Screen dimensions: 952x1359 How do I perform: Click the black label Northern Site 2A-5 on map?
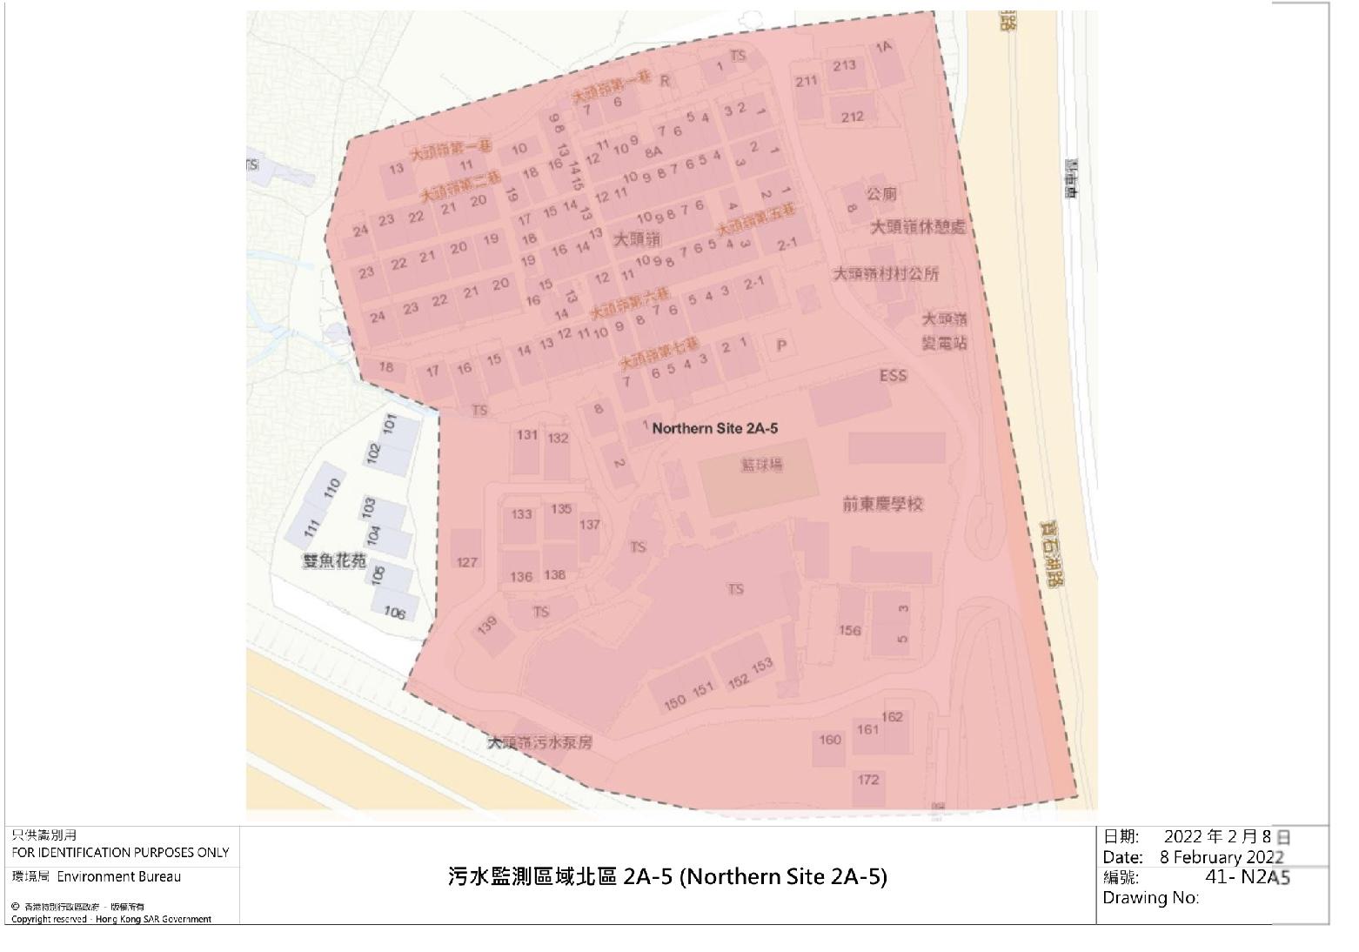[714, 428]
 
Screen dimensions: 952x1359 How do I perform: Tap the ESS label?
[893, 376]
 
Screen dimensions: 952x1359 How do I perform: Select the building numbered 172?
[868, 780]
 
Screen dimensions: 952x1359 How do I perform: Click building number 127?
[467, 562]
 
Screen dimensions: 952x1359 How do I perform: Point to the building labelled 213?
[844, 65]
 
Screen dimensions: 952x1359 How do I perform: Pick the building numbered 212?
[853, 117]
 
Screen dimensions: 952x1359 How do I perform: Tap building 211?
[807, 82]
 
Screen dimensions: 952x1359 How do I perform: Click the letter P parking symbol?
[781, 345]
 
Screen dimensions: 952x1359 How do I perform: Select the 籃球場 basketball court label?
[761, 466]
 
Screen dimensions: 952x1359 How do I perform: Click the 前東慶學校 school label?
[882, 504]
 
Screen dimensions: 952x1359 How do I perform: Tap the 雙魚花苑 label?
[335, 561]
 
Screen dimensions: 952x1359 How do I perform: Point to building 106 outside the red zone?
[395, 613]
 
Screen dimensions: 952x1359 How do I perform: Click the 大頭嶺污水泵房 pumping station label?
[539, 743]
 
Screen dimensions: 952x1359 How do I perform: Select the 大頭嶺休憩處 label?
[918, 228]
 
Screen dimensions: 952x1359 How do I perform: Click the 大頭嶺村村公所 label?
[886, 274]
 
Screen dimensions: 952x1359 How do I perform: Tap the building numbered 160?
[830, 740]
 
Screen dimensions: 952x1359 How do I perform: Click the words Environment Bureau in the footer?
[119, 876]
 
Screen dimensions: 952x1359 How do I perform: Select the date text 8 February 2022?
[1222, 857]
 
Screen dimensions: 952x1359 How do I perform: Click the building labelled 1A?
[885, 47]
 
